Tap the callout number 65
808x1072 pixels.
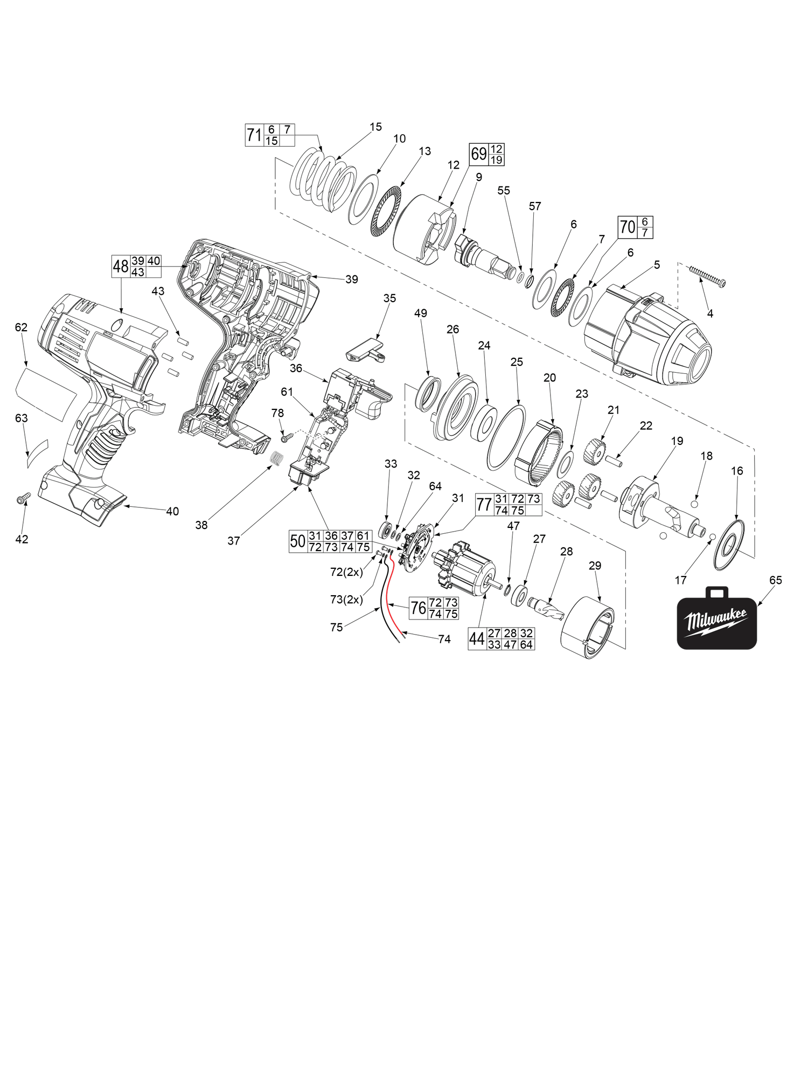pyautogui.click(x=775, y=580)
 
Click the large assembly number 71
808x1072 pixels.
pyautogui.click(x=254, y=135)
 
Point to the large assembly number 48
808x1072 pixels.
pyautogui.click(x=121, y=266)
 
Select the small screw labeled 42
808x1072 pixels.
pyautogui.click(x=23, y=498)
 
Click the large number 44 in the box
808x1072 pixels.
pyautogui.click(x=477, y=639)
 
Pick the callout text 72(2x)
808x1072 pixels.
pyautogui.click(x=346, y=572)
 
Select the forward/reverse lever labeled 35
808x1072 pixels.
pyautogui.click(x=363, y=347)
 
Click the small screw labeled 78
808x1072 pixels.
pyautogui.click(x=285, y=437)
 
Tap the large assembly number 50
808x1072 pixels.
pyautogui.click(x=298, y=541)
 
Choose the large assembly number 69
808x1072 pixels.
pyautogui.click(x=478, y=154)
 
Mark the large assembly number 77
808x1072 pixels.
pyautogui.click(x=483, y=505)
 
